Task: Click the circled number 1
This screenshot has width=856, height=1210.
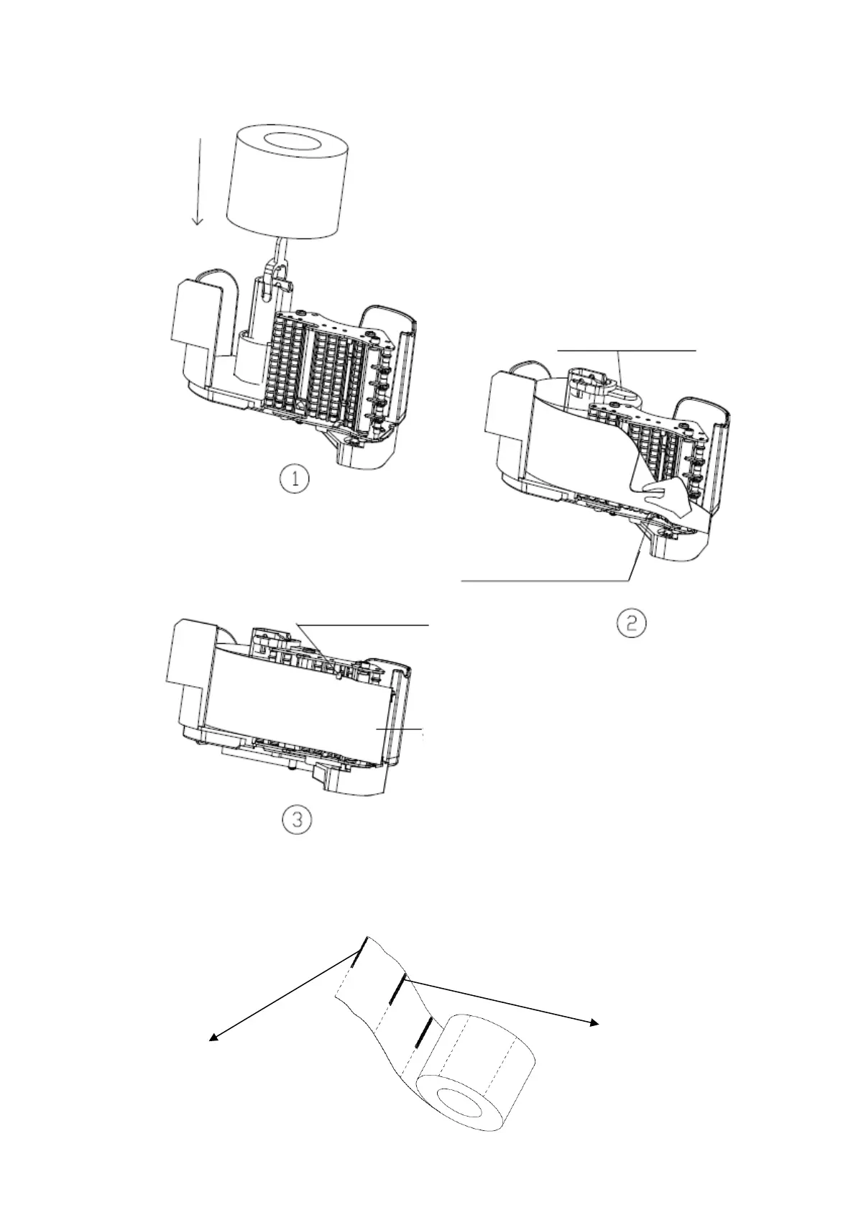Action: coord(295,479)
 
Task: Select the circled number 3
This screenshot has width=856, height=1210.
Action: coord(295,819)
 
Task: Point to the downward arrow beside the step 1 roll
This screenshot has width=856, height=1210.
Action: coord(198,180)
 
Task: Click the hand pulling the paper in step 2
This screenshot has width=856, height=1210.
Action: coord(665,497)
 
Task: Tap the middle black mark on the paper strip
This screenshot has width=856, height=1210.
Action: coord(396,992)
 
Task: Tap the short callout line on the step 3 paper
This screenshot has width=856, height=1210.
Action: coord(400,729)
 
